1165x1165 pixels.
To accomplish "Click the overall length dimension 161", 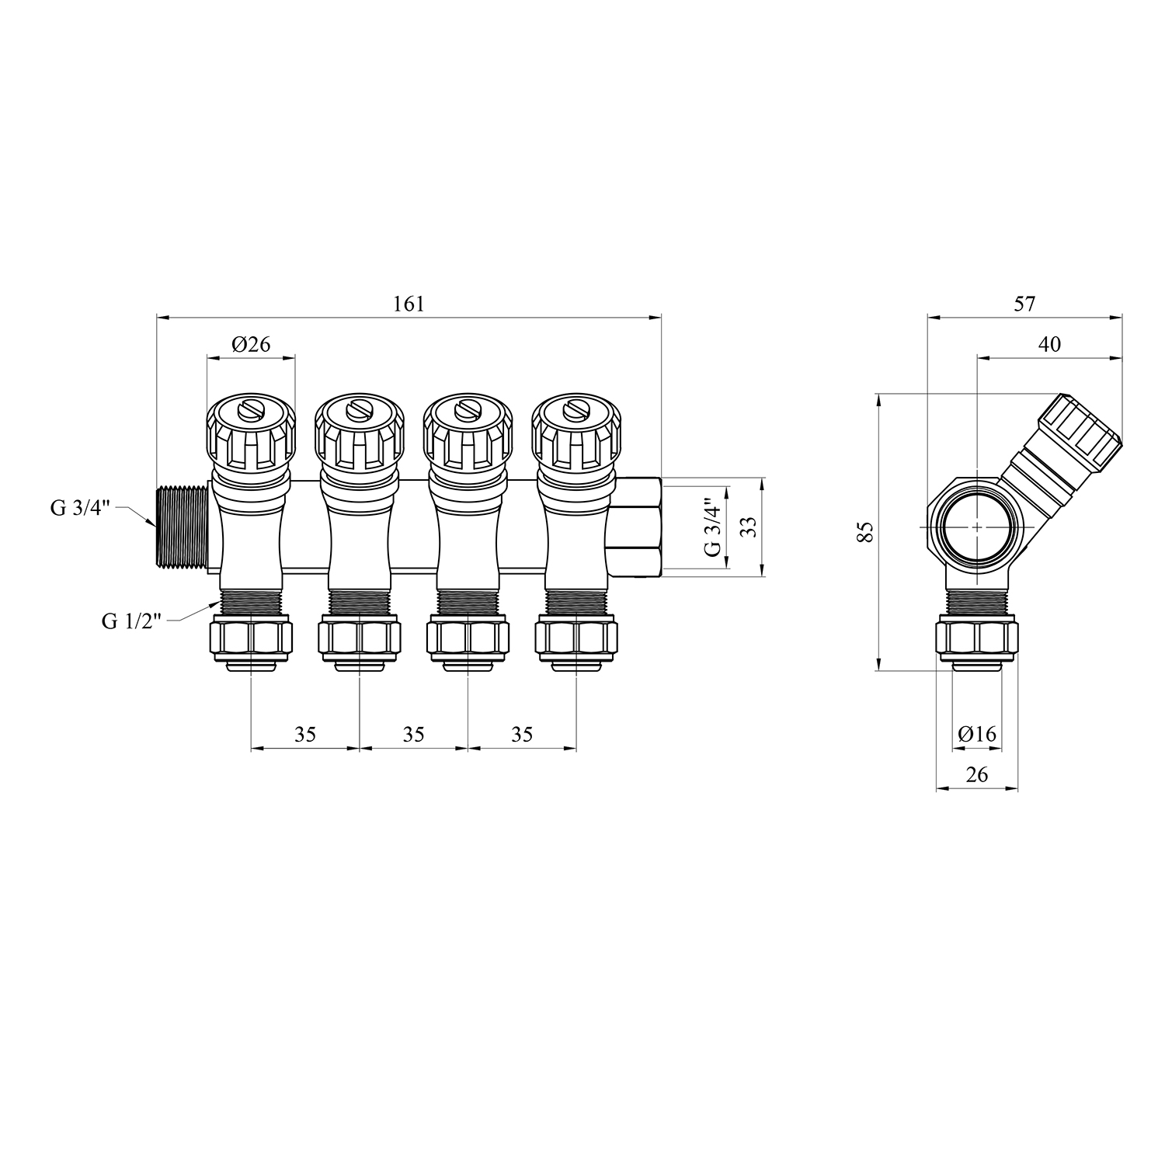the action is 409,304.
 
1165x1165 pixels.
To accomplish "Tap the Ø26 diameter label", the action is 251,343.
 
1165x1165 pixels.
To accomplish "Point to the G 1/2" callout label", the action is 132,621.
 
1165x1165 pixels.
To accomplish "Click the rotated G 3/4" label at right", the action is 712,527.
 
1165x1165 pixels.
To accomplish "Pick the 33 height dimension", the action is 748,527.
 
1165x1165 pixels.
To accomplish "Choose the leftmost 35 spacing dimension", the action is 305,734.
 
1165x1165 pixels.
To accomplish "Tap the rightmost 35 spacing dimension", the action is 523,734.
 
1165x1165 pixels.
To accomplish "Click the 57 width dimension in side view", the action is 1025,304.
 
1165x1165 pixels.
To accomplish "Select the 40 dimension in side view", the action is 1049,344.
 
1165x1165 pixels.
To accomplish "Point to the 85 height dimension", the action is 867,532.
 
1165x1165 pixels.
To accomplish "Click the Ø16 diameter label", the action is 977,734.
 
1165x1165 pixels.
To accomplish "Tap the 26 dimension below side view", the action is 977,774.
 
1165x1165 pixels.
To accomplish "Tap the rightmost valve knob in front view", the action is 577,435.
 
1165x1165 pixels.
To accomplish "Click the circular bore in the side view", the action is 976,527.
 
